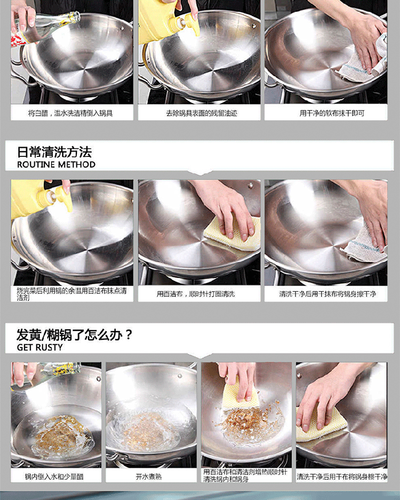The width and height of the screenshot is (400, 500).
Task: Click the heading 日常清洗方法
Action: pyautogui.click(x=54, y=152)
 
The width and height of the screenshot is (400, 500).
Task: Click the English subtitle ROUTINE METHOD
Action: pyautogui.click(x=56, y=164)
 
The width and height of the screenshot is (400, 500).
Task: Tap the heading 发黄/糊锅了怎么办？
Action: pyautogui.click(x=74, y=335)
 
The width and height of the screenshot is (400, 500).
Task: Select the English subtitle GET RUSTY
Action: pyautogui.click(x=40, y=347)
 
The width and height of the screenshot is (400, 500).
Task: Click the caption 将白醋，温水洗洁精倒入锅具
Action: pyautogui.click(x=70, y=113)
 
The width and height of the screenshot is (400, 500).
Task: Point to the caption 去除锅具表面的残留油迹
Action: pyautogui.click(x=202, y=113)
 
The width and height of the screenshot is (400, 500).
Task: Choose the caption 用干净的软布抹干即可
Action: pyautogui.click(x=332, y=113)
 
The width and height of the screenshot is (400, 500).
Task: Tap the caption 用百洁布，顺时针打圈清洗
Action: pyautogui.click(x=196, y=293)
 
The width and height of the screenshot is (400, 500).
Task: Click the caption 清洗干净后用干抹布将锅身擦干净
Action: pyautogui.click(x=327, y=293)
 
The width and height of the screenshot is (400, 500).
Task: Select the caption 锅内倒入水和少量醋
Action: pyautogui.click(x=54, y=477)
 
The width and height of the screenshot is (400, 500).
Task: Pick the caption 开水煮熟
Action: pyautogui.click(x=148, y=477)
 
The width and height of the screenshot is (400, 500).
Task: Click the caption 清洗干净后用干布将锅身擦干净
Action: pyautogui.click(x=342, y=477)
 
